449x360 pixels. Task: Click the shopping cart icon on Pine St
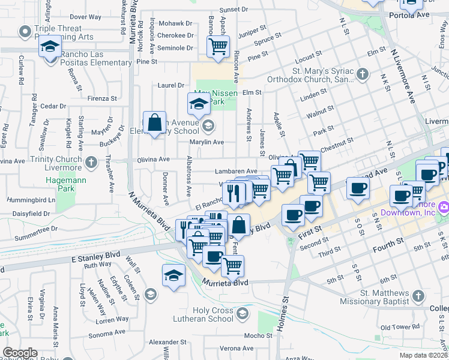pos(218,47)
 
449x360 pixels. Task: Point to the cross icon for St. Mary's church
pos(361,74)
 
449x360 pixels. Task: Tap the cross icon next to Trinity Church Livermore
pos(91,162)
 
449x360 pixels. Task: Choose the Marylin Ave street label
pos(208,142)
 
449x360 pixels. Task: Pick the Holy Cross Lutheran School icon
pos(241,313)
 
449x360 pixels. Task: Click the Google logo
pos(20,353)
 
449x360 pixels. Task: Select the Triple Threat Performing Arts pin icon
pos(25,31)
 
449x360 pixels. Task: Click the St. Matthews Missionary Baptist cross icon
pos(418,296)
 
